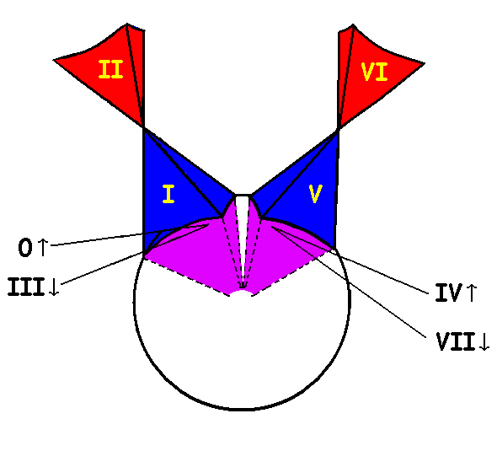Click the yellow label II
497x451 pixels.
[x=110, y=69]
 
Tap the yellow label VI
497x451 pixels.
[x=374, y=72]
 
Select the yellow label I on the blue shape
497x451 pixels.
[x=168, y=194]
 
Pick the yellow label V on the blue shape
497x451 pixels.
[x=315, y=194]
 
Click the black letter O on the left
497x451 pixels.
[x=25, y=248]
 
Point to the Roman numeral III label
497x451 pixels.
[x=26, y=287]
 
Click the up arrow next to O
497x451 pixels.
[x=43, y=247]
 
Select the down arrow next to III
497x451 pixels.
[x=54, y=287]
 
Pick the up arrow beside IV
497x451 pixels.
[x=472, y=293]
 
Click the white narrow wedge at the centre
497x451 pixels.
[x=243, y=228]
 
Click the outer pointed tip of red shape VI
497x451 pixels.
[x=425, y=63]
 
